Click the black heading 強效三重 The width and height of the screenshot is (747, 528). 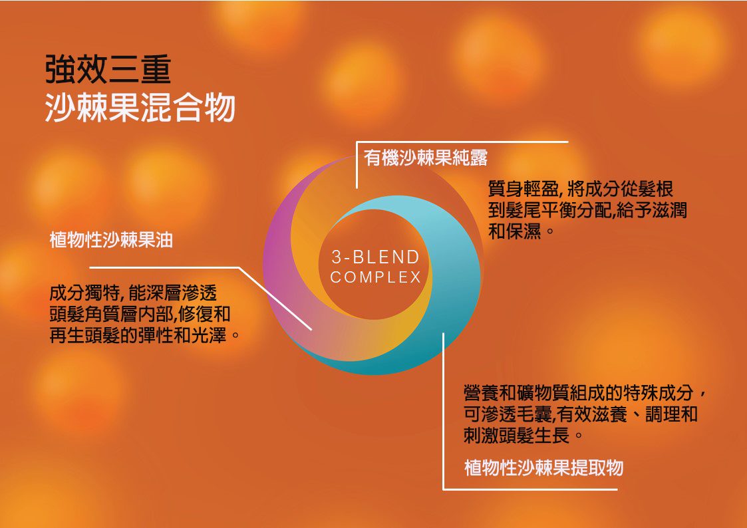108,70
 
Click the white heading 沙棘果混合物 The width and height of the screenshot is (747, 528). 140,108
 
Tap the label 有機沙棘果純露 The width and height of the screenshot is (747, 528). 426,158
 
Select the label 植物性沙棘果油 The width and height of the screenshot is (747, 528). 111,240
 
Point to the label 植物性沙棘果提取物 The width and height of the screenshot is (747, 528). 543,467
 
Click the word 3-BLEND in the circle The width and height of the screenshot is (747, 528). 375,257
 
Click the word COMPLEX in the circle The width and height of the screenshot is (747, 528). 375,277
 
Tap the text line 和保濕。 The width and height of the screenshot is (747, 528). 522,231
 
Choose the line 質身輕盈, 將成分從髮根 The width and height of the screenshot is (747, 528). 581,189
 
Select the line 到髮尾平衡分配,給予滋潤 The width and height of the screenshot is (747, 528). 587,210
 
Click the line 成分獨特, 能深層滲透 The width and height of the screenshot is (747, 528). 133,293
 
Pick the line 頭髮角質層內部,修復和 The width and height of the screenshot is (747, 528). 140,314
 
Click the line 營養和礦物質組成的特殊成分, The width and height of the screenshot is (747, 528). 585,394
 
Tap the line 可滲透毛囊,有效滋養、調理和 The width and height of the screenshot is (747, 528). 581,414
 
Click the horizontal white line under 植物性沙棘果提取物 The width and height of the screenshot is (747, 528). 530,489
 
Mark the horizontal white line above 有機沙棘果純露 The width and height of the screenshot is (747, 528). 462,142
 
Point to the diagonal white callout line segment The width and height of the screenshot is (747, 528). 275,299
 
